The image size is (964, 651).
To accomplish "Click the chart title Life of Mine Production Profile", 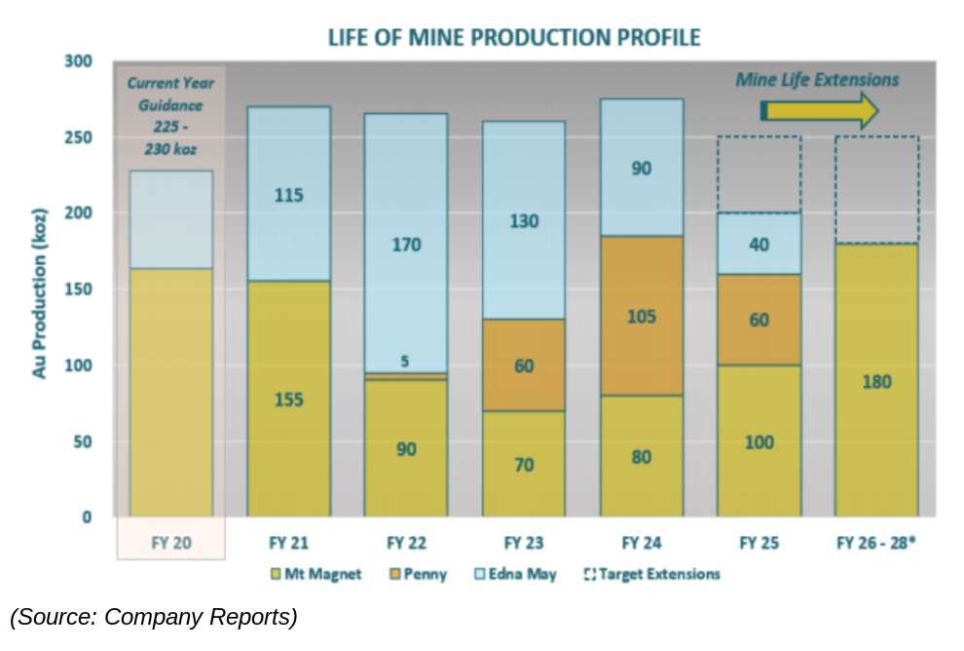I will pyautogui.click(x=513, y=38).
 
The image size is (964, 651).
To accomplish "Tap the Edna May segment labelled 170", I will pyautogui.click(x=406, y=244).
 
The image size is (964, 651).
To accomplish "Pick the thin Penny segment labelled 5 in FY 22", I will pyautogui.click(x=406, y=375).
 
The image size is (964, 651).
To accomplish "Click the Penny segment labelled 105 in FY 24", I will pyautogui.click(x=641, y=316).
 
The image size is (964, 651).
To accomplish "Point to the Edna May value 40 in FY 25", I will pyautogui.click(x=759, y=244).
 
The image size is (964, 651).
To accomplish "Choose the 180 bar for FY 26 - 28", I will pyautogui.click(x=876, y=380).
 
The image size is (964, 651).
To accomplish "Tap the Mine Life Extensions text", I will pyautogui.click(x=817, y=79).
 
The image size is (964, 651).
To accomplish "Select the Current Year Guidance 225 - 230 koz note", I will pyautogui.click(x=171, y=116).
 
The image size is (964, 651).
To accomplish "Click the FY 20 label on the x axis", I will pyautogui.click(x=171, y=543).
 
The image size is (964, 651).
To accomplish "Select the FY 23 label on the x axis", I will pyautogui.click(x=524, y=543).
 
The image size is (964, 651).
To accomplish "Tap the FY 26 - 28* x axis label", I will pyautogui.click(x=876, y=543).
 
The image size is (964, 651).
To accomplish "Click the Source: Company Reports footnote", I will pyautogui.click(x=154, y=617).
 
